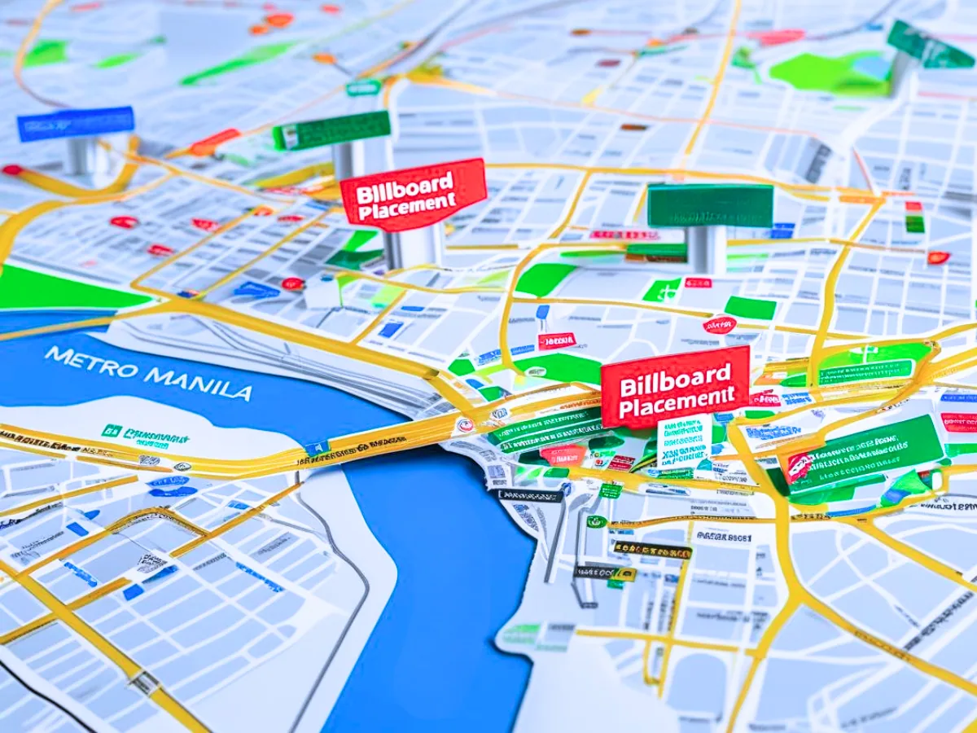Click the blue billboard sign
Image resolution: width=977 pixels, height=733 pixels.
[x=76, y=123]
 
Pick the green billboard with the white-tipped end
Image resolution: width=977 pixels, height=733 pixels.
[x=331, y=130]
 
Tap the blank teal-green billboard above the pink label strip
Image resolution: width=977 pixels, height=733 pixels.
[x=710, y=205]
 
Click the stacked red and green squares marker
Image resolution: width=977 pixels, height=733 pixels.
[x=915, y=217]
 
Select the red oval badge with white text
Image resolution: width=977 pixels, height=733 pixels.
[x=719, y=325]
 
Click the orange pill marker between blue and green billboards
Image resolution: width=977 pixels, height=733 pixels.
[x=215, y=142]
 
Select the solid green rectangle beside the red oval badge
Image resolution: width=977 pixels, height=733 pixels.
[x=750, y=308]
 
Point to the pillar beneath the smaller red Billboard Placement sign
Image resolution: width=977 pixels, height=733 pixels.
[x=414, y=246]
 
